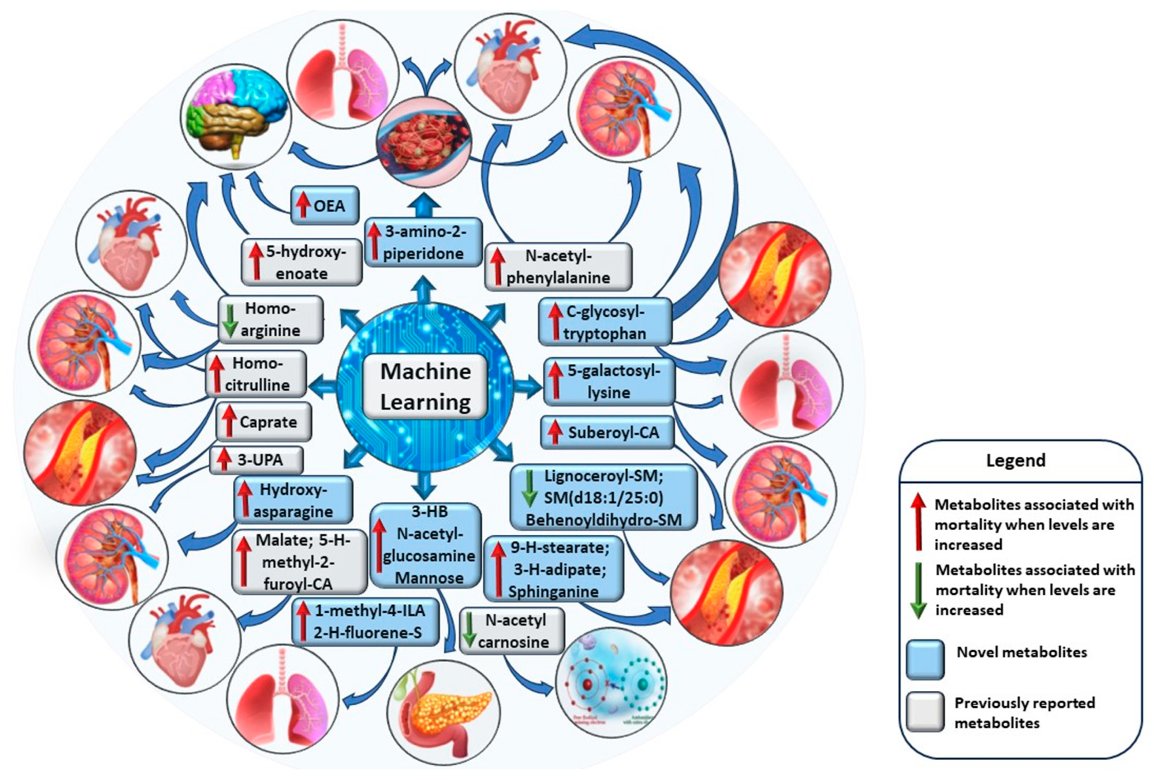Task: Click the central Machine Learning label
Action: (x=425, y=386)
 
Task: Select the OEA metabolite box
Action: (x=324, y=205)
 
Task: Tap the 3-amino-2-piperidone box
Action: (x=423, y=242)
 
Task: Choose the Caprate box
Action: (x=264, y=422)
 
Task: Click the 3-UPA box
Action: (x=256, y=460)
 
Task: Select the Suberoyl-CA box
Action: (x=607, y=432)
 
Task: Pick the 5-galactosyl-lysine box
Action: (x=609, y=381)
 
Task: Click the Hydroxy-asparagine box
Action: (x=293, y=500)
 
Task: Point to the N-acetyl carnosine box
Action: (x=512, y=631)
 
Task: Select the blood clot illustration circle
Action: (x=424, y=141)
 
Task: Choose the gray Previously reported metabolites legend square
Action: (x=925, y=711)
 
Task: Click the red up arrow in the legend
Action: (x=918, y=521)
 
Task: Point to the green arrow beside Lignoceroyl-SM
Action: (x=529, y=488)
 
